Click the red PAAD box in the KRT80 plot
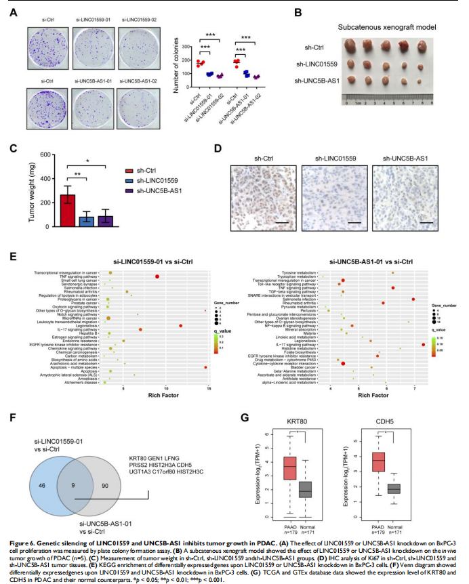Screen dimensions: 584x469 click(x=289, y=470)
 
